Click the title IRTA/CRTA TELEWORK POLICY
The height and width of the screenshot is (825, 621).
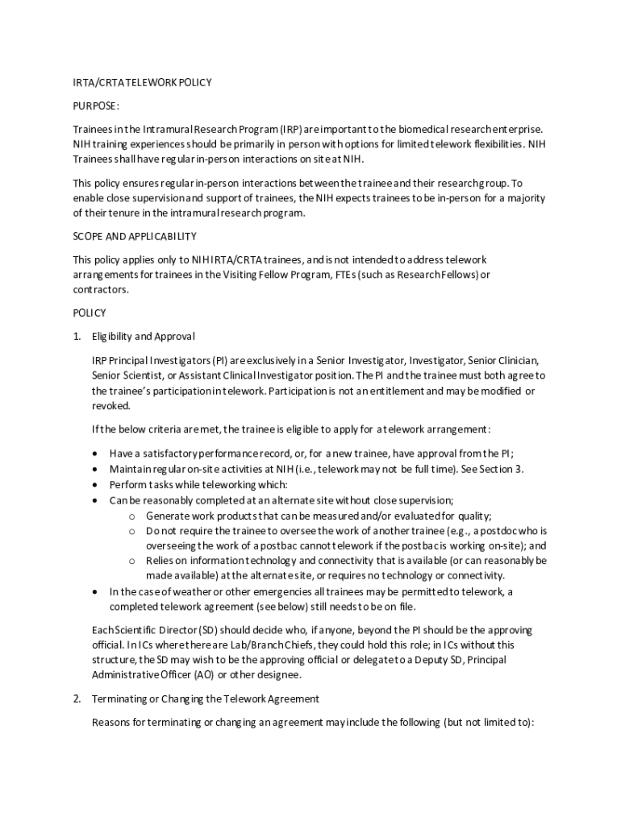point(142,82)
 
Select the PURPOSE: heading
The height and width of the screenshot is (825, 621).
point(96,106)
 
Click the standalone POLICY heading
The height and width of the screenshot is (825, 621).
point(90,313)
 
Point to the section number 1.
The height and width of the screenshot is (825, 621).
point(77,336)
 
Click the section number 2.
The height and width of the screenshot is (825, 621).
point(77,699)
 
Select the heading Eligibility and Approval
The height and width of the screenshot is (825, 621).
point(143,336)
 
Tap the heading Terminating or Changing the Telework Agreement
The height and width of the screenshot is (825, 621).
point(206,699)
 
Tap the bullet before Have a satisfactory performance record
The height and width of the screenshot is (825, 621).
point(98,453)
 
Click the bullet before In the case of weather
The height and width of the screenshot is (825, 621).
point(98,591)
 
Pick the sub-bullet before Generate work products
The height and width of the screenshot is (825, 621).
point(131,516)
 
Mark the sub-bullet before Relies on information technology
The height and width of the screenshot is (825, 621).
point(131,560)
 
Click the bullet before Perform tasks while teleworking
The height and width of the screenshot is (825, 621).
point(98,484)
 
